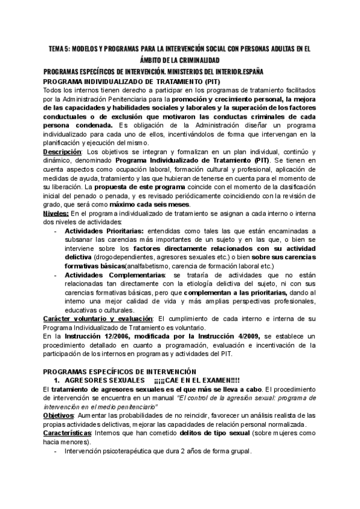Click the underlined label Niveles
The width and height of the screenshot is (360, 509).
pyautogui.click(x=55, y=214)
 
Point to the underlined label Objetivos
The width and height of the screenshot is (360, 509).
pyautogui.click(x=58, y=415)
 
